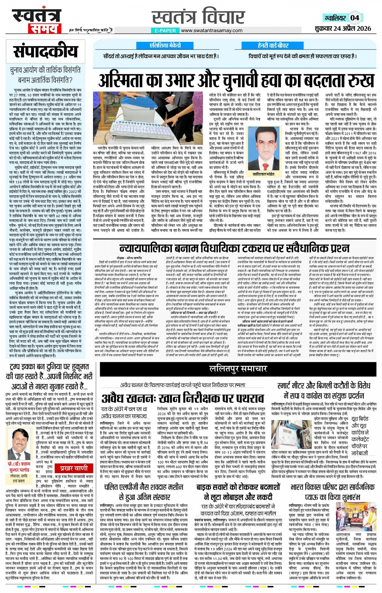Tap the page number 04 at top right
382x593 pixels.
tap(355, 17)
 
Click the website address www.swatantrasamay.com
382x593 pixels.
tap(211, 31)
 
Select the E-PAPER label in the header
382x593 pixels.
tap(165, 31)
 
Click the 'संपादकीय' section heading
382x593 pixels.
tap(45, 52)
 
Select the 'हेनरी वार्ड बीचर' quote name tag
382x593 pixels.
tap(273, 45)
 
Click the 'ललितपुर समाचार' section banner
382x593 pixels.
tap(238, 369)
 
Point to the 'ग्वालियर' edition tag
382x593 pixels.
tap(335, 18)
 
